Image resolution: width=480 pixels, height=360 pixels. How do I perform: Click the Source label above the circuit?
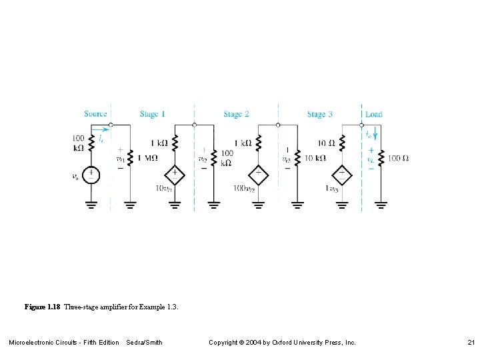[95, 114]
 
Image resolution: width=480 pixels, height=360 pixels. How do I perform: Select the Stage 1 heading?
[153, 114]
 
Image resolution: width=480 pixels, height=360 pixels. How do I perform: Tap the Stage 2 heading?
[236, 114]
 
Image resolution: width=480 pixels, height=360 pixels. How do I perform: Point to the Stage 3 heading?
[320, 114]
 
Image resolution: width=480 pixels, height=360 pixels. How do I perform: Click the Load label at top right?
[374, 114]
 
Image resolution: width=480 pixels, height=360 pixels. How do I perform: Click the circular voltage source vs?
[92, 175]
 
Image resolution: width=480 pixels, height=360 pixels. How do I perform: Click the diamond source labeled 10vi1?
[175, 174]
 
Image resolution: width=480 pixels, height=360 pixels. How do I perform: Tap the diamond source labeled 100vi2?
[258, 174]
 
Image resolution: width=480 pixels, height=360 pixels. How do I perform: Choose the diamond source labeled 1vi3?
[342, 174]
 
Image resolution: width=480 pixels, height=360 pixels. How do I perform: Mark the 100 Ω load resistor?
[381, 159]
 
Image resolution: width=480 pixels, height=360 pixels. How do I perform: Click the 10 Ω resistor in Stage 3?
[342, 143]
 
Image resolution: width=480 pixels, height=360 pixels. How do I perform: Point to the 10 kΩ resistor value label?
[315, 159]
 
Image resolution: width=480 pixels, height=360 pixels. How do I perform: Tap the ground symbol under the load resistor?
[381, 203]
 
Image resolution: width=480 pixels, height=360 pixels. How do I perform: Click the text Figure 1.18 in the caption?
[43, 307]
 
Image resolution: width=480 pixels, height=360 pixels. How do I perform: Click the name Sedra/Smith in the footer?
[144, 343]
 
